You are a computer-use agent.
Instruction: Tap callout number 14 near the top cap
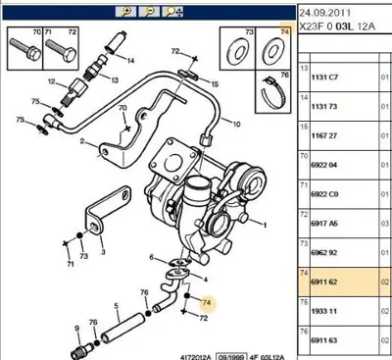[x=130, y=60]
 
